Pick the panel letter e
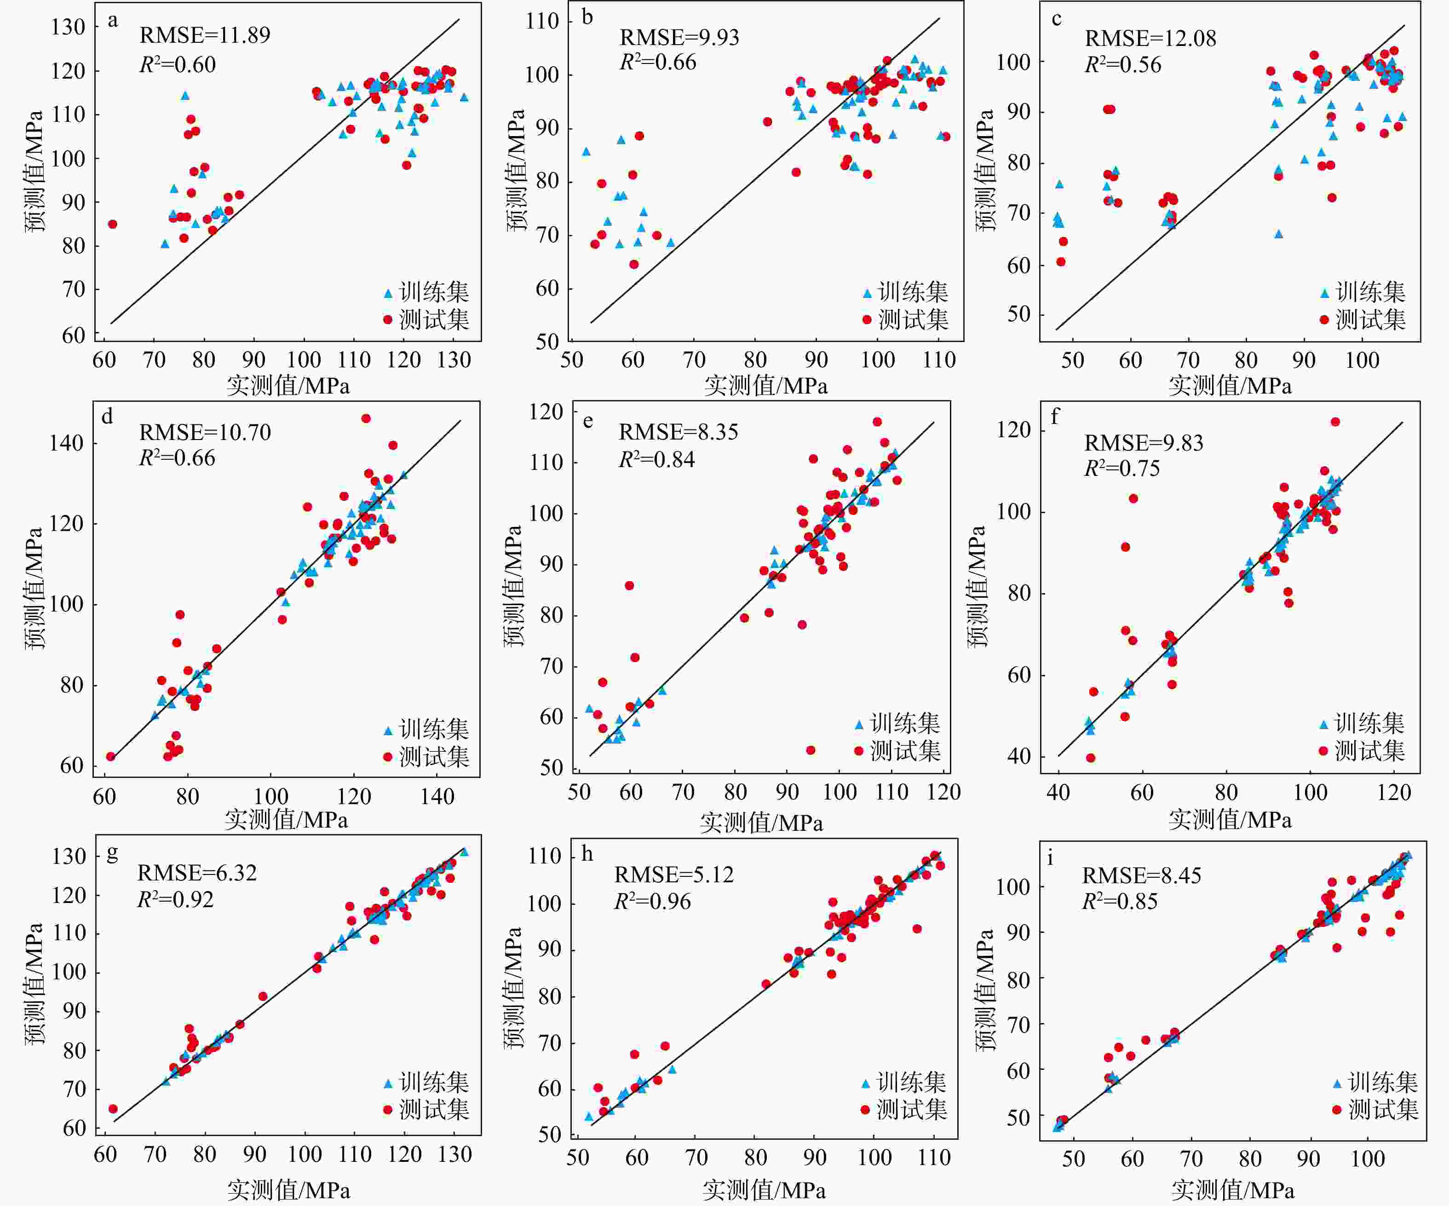point(588,420)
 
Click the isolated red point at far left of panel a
point(112,224)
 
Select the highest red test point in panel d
point(366,418)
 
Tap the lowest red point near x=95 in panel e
point(810,750)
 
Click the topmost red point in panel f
point(1335,422)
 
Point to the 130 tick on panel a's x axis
point(454,360)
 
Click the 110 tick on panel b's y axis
point(542,21)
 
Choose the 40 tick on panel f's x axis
point(1058,792)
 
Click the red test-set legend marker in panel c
point(1324,319)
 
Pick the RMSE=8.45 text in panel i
point(1141,876)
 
